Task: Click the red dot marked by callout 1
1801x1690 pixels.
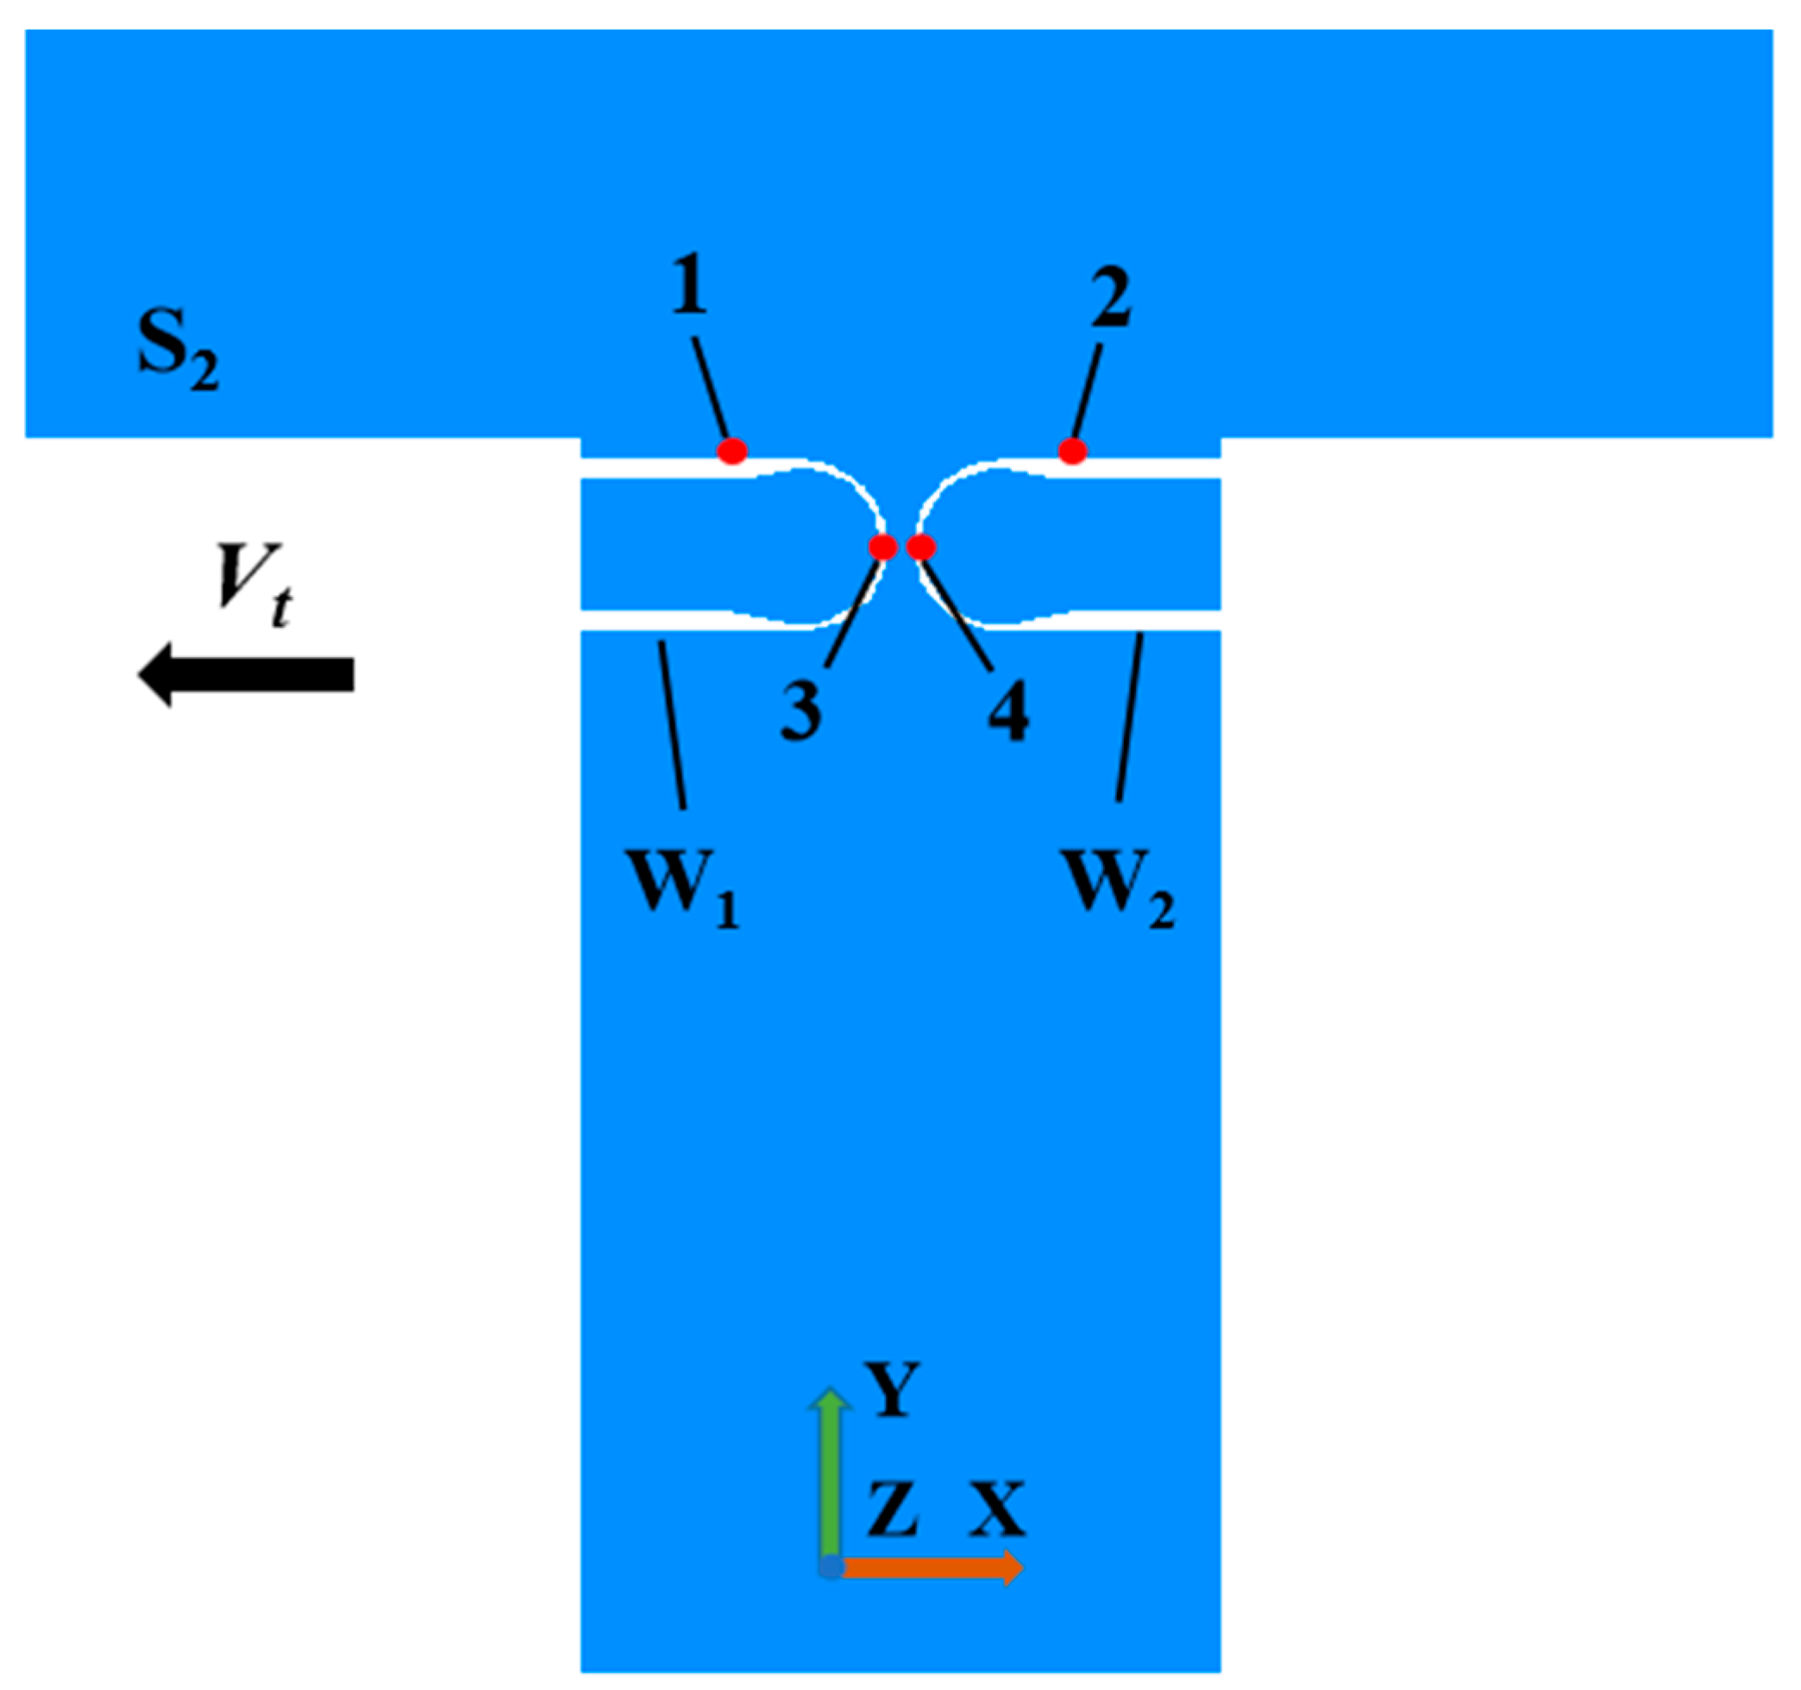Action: pyautogui.click(x=732, y=450)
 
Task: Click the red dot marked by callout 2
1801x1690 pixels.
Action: pyautogui.click(x=1072, y=450)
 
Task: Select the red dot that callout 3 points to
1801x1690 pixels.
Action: pyautogui.click(x=882, y=547)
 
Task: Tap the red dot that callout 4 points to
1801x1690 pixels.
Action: pyautogui.click(x=920, y=547)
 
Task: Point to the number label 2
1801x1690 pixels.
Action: pyautogui.click(x=1111, y=298)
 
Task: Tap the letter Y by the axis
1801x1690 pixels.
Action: pyautogui.click(x=894, y=1391)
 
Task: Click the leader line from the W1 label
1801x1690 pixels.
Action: pyautogui.click(x=672, y=724)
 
